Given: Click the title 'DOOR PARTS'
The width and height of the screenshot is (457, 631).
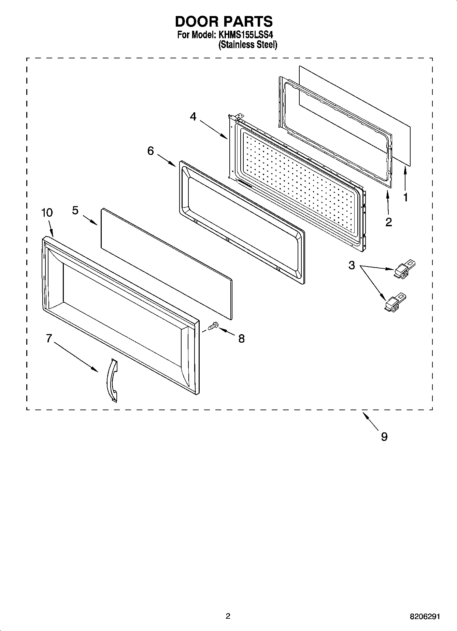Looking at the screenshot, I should [x=224, y=21].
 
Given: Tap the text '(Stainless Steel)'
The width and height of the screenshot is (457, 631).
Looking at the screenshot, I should [x=248, y=45].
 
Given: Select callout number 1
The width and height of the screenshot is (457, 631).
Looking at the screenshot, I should [x=405, y=197].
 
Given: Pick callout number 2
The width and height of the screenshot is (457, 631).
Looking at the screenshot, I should [x=388, y=222].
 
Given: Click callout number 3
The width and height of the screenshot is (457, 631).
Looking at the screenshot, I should [x=352, y=265].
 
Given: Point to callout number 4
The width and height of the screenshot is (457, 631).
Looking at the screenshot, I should [x=193, y=117].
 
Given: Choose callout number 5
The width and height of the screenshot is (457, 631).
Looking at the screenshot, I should [x=75, y=210].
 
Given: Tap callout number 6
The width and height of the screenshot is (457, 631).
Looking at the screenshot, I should [x=151, y=150].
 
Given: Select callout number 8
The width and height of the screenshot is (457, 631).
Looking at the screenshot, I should [x=241, y=339].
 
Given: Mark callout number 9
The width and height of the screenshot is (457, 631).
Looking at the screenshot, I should [x=384, y=436].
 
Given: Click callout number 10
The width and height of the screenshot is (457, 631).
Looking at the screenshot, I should [x=47, y=213].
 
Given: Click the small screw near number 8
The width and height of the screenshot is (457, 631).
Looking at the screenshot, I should [x=213, y=326].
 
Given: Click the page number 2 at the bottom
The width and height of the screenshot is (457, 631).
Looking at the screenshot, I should [x=228, y=616].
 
